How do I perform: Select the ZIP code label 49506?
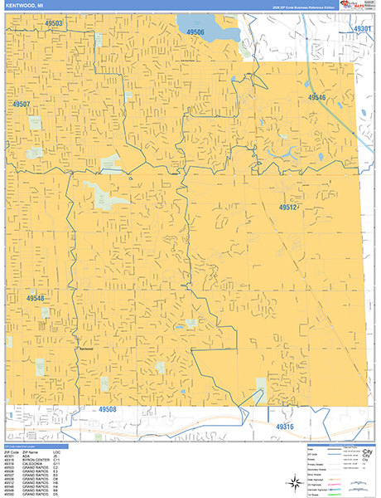(x=195, y=32)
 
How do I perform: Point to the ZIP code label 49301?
(x=362, y=29)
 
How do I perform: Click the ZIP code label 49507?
(x=21, y=105)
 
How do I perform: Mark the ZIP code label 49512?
(x=287, y=207)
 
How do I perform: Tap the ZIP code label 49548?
(x=36, y=298)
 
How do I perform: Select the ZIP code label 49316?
(x=284, y=427)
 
